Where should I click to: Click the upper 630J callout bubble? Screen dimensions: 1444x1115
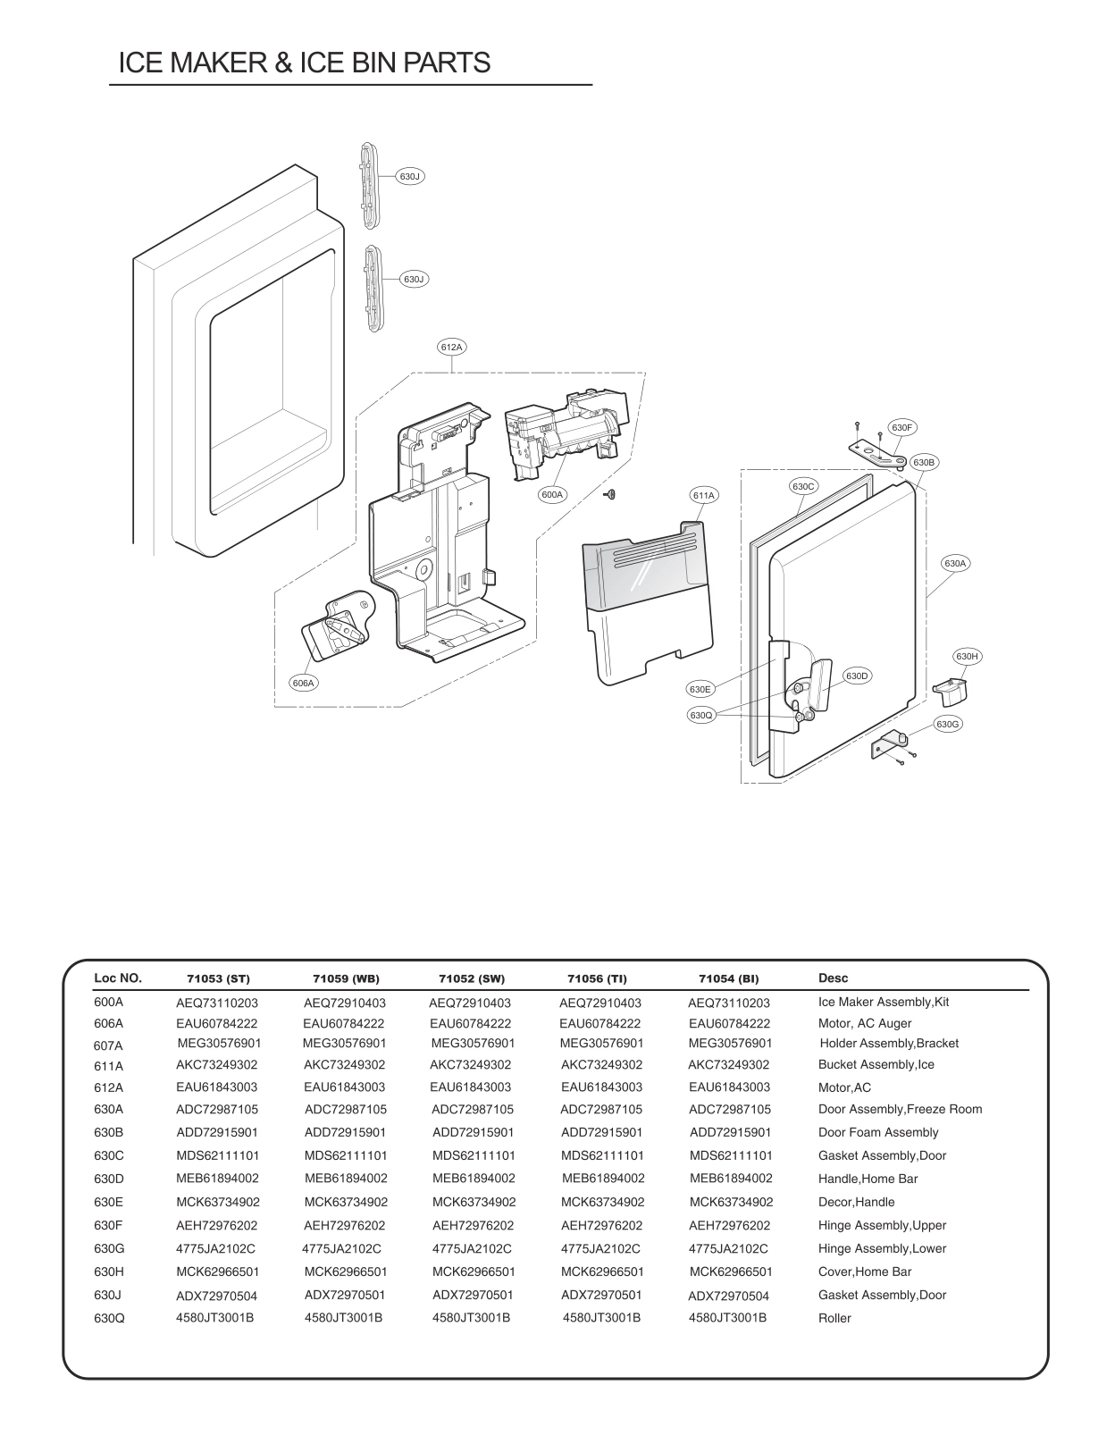409,177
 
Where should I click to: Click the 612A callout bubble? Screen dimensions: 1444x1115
452,347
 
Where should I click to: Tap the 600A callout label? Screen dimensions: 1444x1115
552,494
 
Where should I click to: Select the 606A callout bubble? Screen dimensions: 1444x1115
304,683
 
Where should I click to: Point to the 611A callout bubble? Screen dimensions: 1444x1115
704,495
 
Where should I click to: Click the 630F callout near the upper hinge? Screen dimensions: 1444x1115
902,428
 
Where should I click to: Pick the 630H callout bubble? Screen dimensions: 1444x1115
967,657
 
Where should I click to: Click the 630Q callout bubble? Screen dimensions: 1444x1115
700,716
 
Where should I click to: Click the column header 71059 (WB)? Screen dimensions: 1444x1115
346,978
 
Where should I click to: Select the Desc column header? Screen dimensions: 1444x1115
833,978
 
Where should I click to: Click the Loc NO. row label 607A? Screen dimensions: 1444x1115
108,1045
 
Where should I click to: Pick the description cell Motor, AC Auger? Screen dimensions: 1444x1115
864,1023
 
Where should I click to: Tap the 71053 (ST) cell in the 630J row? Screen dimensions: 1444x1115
216,1296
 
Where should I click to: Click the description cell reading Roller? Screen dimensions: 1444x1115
834,1318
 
